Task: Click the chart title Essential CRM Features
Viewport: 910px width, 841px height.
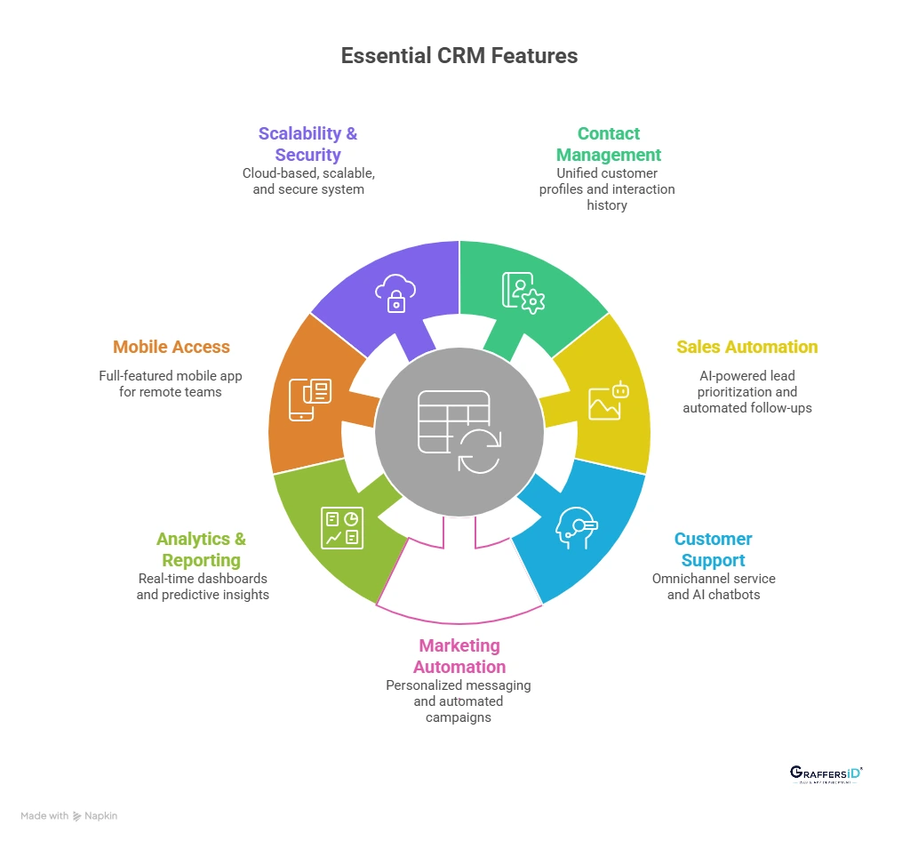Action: click(x=459, y=56)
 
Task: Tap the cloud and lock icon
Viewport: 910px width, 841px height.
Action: click(x=395, y=292)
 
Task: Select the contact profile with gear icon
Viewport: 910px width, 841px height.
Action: click(x=523, y=292)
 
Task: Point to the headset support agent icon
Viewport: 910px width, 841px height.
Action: click(x=576, y=528)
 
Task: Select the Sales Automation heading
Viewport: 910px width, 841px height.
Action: click(x=746, y=347)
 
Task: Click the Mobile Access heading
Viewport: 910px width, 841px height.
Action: click(x=172, y=347)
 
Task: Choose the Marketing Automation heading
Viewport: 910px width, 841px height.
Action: click(x=459, y=656)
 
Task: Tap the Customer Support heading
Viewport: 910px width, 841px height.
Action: click(x=713, y=549)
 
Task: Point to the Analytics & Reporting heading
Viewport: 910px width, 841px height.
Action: click(x=202, y=549)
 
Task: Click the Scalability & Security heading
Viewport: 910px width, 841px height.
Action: click(x=307, y=144)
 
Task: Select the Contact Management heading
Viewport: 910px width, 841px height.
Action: click(x=608, y=144)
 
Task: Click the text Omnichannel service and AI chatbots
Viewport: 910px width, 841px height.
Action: click(x=713, y=586)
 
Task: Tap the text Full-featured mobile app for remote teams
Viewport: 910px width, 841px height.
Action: click(x=171, y=383)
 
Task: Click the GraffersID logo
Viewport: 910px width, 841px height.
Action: click(x=826, y=773)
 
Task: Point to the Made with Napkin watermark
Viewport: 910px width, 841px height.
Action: click(x=69, y=815)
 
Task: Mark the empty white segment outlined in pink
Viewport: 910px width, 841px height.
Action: click(x=459, y=578)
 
